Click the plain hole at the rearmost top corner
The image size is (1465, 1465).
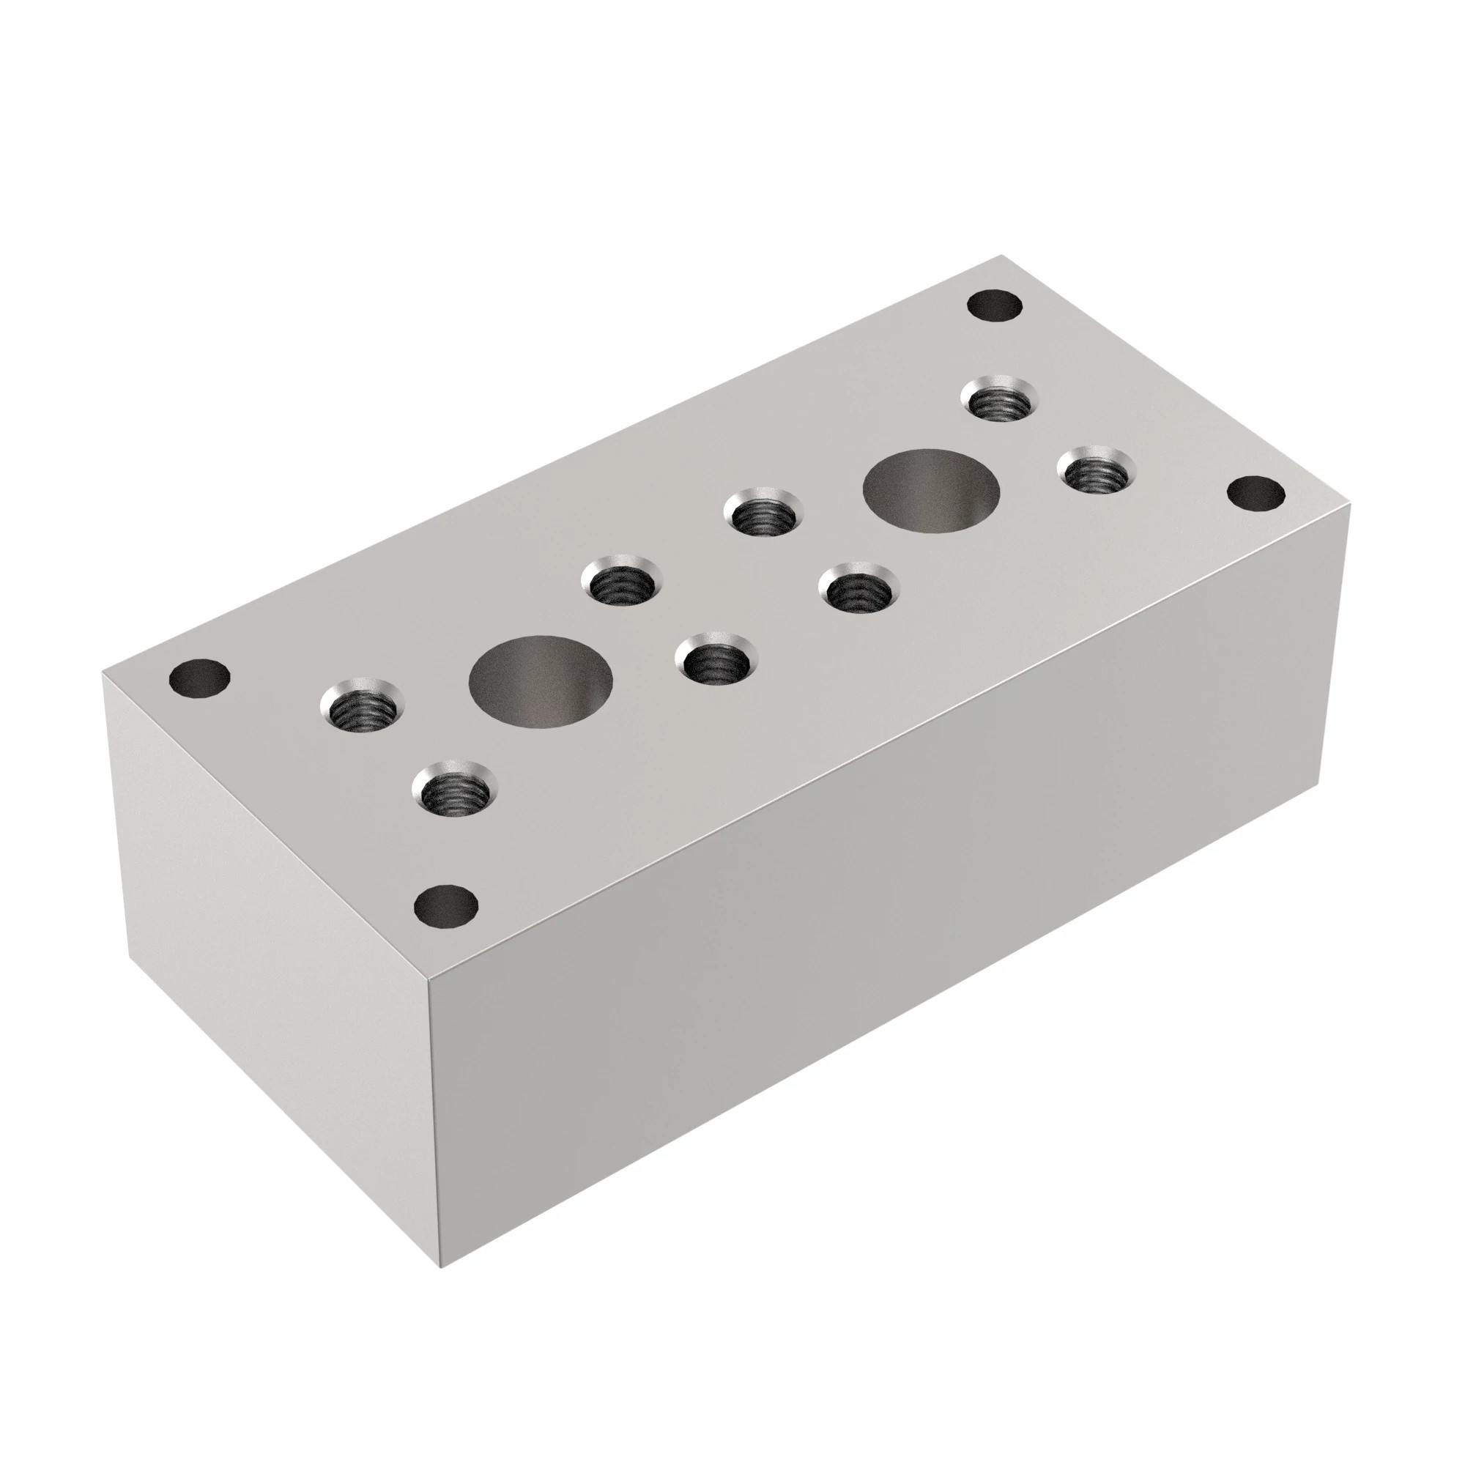click(x=996, y=306)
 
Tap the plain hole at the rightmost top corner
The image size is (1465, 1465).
click(x=1256, y=494)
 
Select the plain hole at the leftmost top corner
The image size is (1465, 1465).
click(x=200, y=677)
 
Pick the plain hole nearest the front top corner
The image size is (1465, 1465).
click(x=448, y=905)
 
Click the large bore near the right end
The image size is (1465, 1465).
click(x=931, y=490)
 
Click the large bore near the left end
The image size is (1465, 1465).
click(x=540, y=680)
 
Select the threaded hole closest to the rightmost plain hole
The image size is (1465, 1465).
click(x=1097, y=473)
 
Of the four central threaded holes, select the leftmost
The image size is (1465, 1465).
click(x=622, y=581)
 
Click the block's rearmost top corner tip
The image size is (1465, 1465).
click(x=1001, y=256)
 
